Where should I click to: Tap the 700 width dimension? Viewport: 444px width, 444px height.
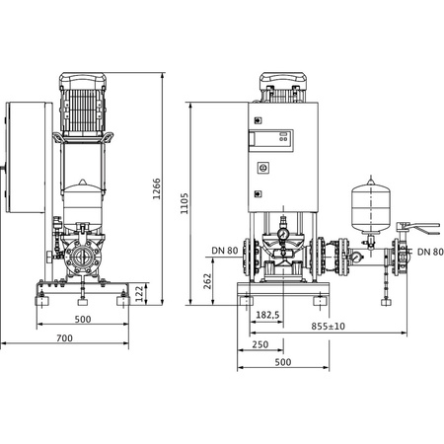pyautogui.click(x=64, y=338)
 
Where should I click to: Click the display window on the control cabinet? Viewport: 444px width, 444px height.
pyautogui.click(x=274, y=141)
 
